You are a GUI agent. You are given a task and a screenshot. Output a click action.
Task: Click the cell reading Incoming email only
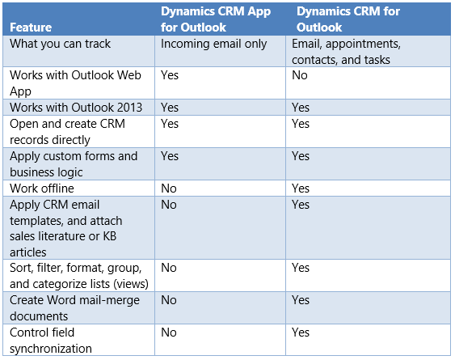click(x=213, y=44)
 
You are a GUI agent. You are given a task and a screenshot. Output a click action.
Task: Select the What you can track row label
click(x=60, y=44)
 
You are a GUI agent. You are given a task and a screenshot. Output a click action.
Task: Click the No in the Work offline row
click(x=169, y=188)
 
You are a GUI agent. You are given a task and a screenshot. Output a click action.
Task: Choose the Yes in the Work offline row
click(x=301, y=188)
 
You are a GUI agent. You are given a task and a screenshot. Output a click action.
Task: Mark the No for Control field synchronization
click(x=169, y=332)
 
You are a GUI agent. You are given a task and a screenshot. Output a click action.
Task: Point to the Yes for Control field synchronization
click(x=301, y=332)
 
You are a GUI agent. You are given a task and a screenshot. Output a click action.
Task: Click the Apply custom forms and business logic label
click(x=74, y=163)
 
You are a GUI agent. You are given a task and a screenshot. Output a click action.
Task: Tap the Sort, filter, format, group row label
click(x=75, y=275)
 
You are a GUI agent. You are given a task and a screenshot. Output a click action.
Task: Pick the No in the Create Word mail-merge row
click(x=169, y=299)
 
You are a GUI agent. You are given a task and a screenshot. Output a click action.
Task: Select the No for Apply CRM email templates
click(x=169, y=204)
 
